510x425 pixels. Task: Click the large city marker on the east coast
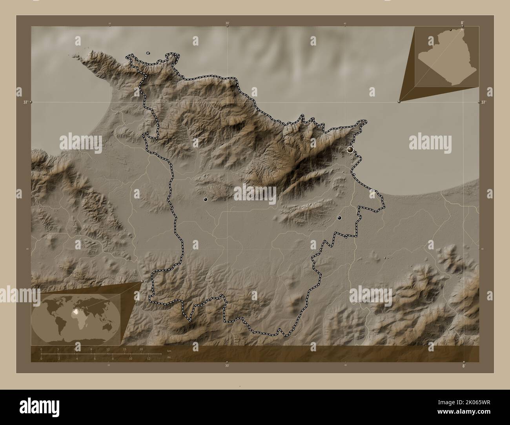[350, 149]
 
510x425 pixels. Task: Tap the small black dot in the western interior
[205, 199]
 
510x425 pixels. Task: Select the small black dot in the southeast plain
[339, 218]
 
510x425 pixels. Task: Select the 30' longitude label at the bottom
[227, 365]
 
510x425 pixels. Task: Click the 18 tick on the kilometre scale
[141, 349]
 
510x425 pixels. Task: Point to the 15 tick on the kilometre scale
[124, 349]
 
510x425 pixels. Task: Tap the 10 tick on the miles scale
[131, 358]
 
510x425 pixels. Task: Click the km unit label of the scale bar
[169, 351]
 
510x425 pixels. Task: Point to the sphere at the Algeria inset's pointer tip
[399, 101]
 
